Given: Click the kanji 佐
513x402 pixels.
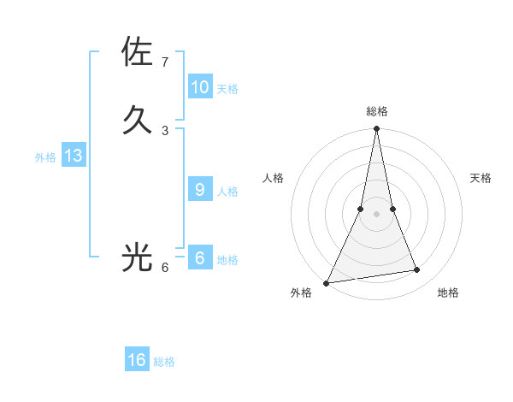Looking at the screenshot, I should click(137, 52).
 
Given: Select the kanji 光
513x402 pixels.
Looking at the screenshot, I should click(137, 257).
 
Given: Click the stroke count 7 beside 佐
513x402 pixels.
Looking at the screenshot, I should click(165, 62).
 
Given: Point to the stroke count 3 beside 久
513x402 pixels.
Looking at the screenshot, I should click(165, 130).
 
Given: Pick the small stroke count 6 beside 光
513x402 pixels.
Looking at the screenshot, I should click(165, 268).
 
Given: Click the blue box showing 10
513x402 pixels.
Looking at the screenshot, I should click(200, 87).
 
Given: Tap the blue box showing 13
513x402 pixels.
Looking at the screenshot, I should click(74, 156).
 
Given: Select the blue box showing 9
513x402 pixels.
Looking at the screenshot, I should click(200, 190).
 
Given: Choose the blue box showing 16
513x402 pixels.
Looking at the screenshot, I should click(137, 360).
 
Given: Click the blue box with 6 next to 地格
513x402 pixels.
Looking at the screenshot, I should click(200, 258).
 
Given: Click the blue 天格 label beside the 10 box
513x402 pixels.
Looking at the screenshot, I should click(227, 89).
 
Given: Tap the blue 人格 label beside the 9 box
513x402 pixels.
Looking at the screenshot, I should click(227, 192).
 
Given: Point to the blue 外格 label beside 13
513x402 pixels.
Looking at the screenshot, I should click(45, 157).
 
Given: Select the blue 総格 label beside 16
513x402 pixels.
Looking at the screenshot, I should click(164, 362).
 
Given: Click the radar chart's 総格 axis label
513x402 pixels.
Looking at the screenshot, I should click(377, 111).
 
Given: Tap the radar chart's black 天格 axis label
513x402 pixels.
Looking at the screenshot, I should click(481, 178).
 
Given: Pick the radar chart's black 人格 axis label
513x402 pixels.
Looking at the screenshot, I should click(273, 178).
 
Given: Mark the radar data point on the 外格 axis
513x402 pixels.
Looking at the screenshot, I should click(327, 283).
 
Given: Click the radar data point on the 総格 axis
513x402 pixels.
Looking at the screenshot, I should click(377, 129).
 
